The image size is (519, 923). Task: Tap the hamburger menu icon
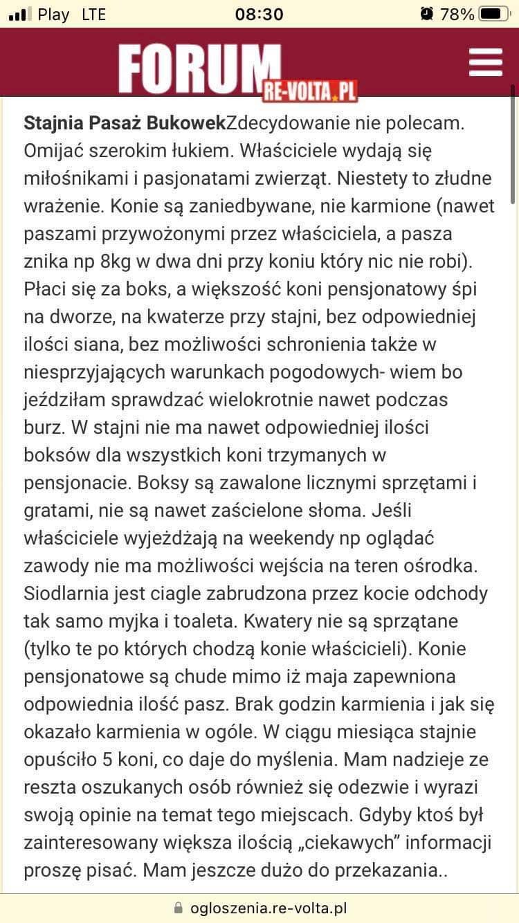485,62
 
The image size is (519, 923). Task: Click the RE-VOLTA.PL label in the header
309,90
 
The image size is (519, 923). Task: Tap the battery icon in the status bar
493,14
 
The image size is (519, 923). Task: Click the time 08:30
259,15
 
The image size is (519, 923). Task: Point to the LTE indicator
93,15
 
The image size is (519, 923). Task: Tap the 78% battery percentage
457,15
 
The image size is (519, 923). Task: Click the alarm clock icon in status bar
427,14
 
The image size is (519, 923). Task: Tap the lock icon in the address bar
179,907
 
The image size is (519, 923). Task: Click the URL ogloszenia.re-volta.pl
268,907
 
